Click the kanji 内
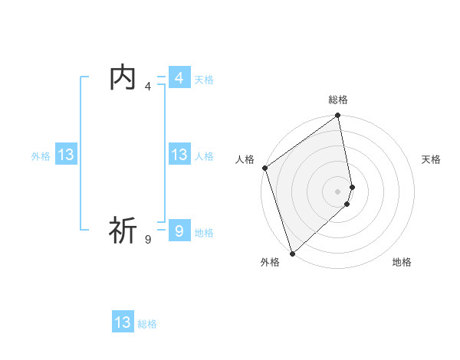[123, 78]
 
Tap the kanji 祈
[123, 230]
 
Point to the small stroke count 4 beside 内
[148, 87]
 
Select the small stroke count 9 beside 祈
[148, 240]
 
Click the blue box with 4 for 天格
[179, 78]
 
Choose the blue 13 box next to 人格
[179, 155]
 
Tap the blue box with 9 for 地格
[179, 231]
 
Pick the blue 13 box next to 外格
[66, 155]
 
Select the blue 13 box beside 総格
[123, 322]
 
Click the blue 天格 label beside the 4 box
[204, 80]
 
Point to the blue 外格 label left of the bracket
[41, 156]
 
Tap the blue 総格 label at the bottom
[147, 324]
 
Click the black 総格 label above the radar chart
[338, 100]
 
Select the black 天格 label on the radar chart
[432, 159]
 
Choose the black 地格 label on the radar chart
[402, 262]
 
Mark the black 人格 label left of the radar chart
[245, 159]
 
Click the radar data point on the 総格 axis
[338, 116]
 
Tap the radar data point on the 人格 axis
[264, 168]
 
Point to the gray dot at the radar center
[338, 191]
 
